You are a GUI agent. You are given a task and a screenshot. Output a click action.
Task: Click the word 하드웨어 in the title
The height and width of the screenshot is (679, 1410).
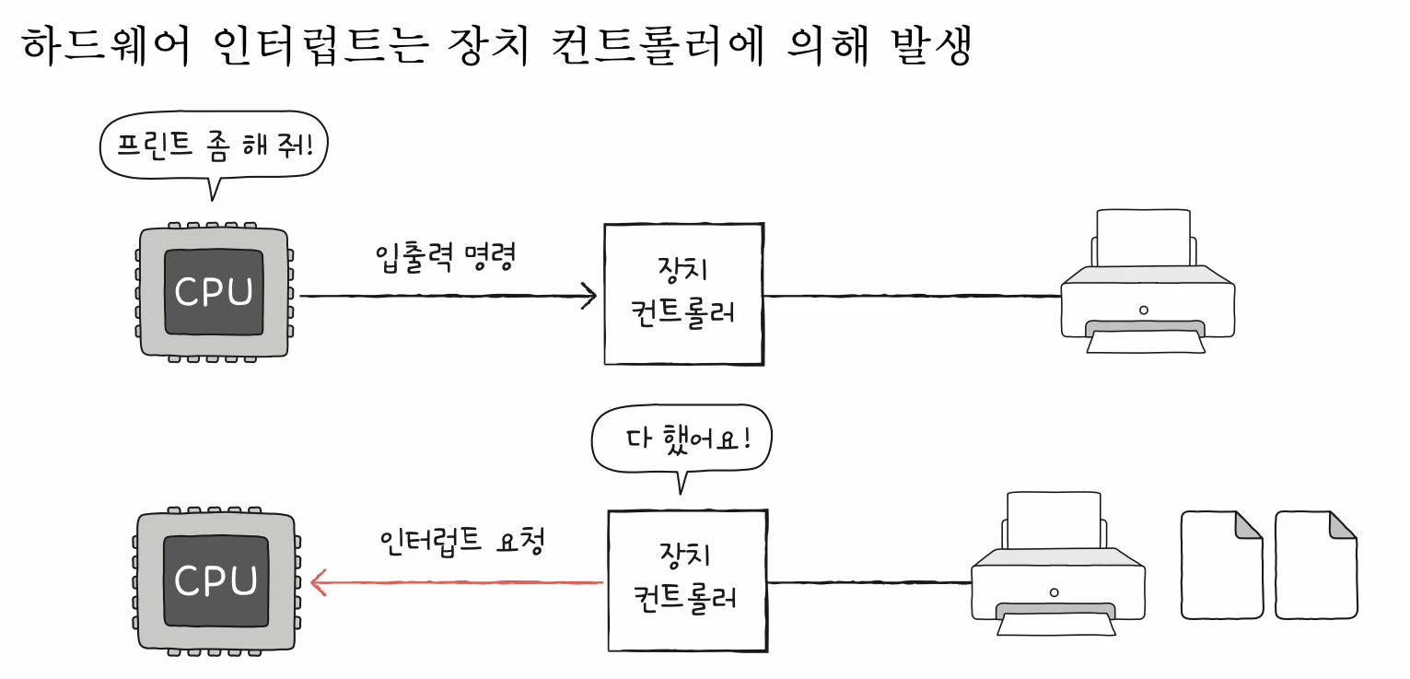pos(104,47)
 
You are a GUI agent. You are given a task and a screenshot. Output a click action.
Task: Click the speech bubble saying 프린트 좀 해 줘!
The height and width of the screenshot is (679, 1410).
pos(213,145)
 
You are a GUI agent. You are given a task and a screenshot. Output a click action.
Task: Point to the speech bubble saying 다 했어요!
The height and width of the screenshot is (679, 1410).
pos(682,438)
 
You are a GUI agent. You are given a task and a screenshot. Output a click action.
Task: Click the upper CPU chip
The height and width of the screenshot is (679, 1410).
pos(215,293)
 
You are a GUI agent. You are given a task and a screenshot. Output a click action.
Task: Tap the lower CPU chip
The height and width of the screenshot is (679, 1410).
pos(216,580)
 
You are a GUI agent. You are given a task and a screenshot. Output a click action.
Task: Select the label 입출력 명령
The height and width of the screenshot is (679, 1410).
pos(444,258)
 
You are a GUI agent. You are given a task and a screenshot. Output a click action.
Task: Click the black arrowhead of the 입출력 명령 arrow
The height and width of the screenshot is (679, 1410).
pos(589,297)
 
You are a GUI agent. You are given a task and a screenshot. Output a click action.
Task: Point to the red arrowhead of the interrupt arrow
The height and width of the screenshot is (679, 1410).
pos(319,581)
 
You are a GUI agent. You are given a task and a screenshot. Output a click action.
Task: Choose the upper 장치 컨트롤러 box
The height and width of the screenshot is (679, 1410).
pos(683,294)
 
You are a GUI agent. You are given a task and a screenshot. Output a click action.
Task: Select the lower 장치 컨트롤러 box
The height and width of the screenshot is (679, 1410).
pos(687,580)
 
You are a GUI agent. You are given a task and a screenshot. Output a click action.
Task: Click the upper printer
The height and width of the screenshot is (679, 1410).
pos(1146,286)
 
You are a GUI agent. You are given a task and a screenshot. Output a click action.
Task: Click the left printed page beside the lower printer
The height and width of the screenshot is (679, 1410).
pos(1221,565)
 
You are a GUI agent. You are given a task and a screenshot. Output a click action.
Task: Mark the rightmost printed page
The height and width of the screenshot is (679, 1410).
pos(1315,565)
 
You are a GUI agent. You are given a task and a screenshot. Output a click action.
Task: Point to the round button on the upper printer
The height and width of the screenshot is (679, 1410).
pos(1144,310)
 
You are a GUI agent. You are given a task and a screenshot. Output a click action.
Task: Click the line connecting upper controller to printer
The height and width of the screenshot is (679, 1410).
pos(912,297)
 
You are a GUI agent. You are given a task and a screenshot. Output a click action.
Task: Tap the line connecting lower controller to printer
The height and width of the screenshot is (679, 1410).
pos(869,582)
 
